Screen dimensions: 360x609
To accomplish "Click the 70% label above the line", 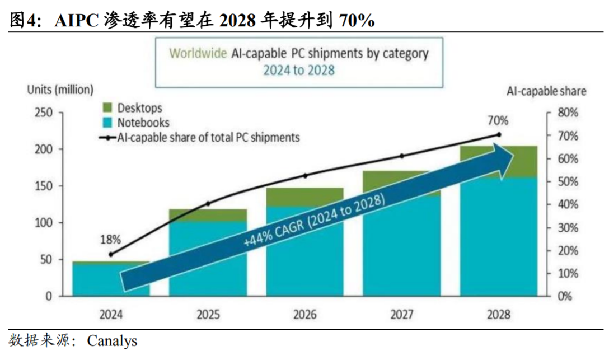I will pyautogui.click(x=498, y=121).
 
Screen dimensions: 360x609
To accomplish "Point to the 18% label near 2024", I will pyautogui.click(x=110, y=240).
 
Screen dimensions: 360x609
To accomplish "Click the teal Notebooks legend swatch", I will pyautogui.click(x=107, y=123).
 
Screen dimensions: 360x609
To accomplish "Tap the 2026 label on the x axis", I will pyautogui.click(x=304, y=315).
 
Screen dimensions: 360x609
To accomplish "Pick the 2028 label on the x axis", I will pyautogui.click(x=498, y=315).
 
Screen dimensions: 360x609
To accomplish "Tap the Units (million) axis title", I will pyautogui.click(x=60, y=89).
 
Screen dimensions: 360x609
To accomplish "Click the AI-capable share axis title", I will pyautogui.click(x=546, y=91).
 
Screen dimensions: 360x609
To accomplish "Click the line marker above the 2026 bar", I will pyautogui.click(x=305, y=175).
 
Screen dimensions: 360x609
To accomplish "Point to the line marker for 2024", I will pyautogui.click(x=111, y=254).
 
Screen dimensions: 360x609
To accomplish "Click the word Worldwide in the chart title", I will pyautogui.click(x=198, y=54).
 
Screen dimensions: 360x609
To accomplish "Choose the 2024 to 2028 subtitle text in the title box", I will pyautogui.click(x=299, y=71).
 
